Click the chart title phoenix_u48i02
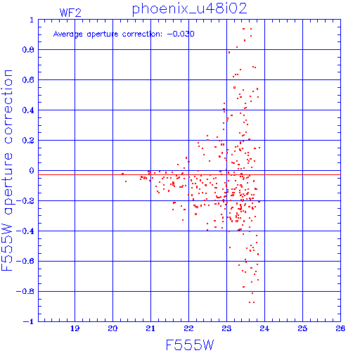coord(190,9)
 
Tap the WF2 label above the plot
coord(70,13)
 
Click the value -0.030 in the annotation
coord(181,34)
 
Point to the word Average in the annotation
coord(68,34)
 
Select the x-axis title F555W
coord(190,345)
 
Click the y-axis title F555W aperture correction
coord(7,170)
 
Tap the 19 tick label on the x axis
coord(75,328)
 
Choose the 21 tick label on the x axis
coord(150,328)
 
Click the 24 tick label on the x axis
coord(264,328)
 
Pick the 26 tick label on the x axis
coord(340,328)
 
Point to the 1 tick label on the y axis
coord(32,20)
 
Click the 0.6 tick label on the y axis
coord(28,80)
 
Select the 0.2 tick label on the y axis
coord(28,141)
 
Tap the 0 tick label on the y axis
coord(32,171)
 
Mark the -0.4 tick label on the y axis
coord(25,231)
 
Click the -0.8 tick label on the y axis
coord(25,292)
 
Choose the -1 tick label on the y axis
coord(29,321)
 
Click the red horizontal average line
coord(189,175)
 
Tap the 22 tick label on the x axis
coord(188,328)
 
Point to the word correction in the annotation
coord(142,34)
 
